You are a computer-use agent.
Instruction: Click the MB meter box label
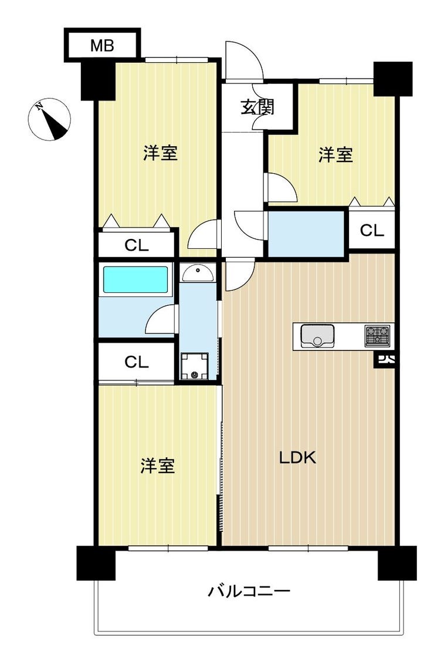[x=103, y=45]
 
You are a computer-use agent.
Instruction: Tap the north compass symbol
[x=49, y=119]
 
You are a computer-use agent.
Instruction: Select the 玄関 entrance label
[x=257, y=107]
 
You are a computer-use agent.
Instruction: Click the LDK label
[x=297, y=458]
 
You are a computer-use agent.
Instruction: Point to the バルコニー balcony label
[x=249, y=591]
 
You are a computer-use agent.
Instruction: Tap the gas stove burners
[x=377, y=335]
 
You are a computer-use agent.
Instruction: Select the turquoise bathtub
[x=135, y=279]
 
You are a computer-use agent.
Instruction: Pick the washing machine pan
[x=195, y=366]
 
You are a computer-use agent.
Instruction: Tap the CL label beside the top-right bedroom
[x=372, y=230]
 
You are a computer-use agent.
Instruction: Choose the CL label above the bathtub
[x=137, y=245]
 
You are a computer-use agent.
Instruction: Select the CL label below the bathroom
[x=137, y=362]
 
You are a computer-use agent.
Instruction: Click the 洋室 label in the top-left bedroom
[x=160, y=153]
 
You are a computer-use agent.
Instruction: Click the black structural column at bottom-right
[x=397, y=563]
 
